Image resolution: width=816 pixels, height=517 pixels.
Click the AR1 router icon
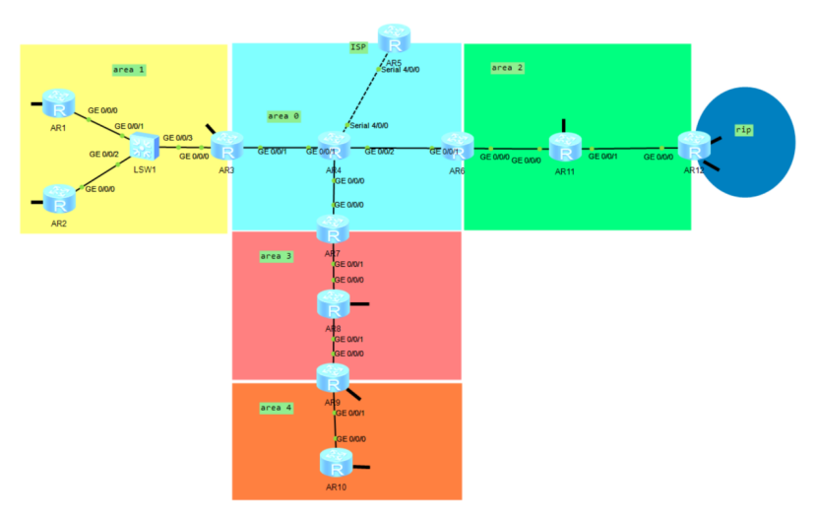(x=58, y=102)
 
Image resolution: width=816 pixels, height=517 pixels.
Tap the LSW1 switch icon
(x=146, y=150)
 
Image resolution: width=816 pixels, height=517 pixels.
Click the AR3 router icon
(x=226, y=149)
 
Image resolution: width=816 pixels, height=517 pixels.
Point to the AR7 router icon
(x=333, y=230)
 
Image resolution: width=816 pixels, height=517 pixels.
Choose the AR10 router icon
(x=336, y=462)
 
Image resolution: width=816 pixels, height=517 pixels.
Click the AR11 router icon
(x=565, y=148)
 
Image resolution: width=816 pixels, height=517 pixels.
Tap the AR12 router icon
(x=694, y=148)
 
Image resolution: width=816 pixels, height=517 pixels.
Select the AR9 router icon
(x=333, y=377)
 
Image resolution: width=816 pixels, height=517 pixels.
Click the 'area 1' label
(x=129, y=70)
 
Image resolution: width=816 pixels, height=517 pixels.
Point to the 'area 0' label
(x=283, y=116)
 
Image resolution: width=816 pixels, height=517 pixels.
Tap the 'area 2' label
(x=507, y=67)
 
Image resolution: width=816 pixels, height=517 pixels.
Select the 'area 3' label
(x=276, y=256)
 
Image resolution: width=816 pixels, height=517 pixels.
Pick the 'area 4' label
(x=276, y=407)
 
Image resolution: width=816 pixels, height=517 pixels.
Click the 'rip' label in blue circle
(x=743, y=129)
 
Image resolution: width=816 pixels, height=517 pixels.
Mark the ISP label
(x=358, y=46)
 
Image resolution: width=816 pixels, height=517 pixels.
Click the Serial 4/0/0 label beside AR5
(x=400, y=70)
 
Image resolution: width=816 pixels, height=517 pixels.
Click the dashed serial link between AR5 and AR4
(x=363, y=97)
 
